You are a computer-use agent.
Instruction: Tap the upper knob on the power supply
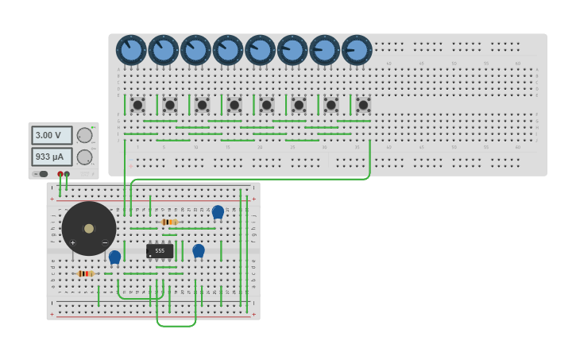[84, 135]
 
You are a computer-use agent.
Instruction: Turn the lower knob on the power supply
[84, 157]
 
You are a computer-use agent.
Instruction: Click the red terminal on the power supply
[60, 173]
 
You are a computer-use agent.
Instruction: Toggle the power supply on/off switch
[41, 173]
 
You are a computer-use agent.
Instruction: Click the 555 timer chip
[160, 250]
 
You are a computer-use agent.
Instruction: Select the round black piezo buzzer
[89, 228]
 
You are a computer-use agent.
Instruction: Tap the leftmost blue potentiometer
[131, 50]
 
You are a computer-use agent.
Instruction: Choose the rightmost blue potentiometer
[357, 50]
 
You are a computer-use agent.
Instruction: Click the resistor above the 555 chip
[169, 222]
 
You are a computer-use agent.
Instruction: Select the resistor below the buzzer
[85, 273]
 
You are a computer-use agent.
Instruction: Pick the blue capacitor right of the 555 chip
[199, 251]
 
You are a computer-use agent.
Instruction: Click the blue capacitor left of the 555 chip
[114, 257]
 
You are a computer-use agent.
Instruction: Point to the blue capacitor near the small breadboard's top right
[218, 211]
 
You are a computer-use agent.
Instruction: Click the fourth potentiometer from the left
[228, 50]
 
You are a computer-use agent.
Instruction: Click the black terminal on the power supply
[68, 173]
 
